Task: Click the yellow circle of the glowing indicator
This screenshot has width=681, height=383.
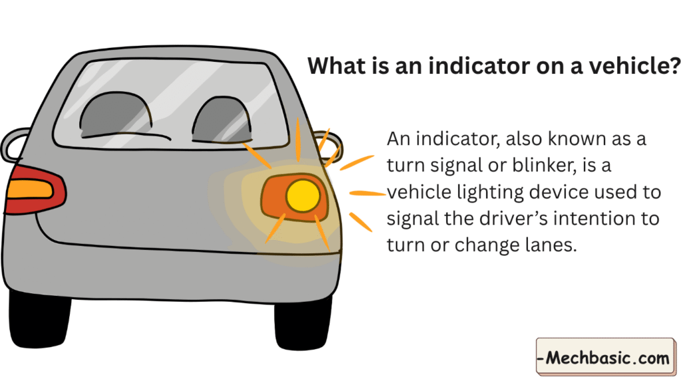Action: click(303, 195)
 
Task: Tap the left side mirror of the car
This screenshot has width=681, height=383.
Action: click(15, 144)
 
